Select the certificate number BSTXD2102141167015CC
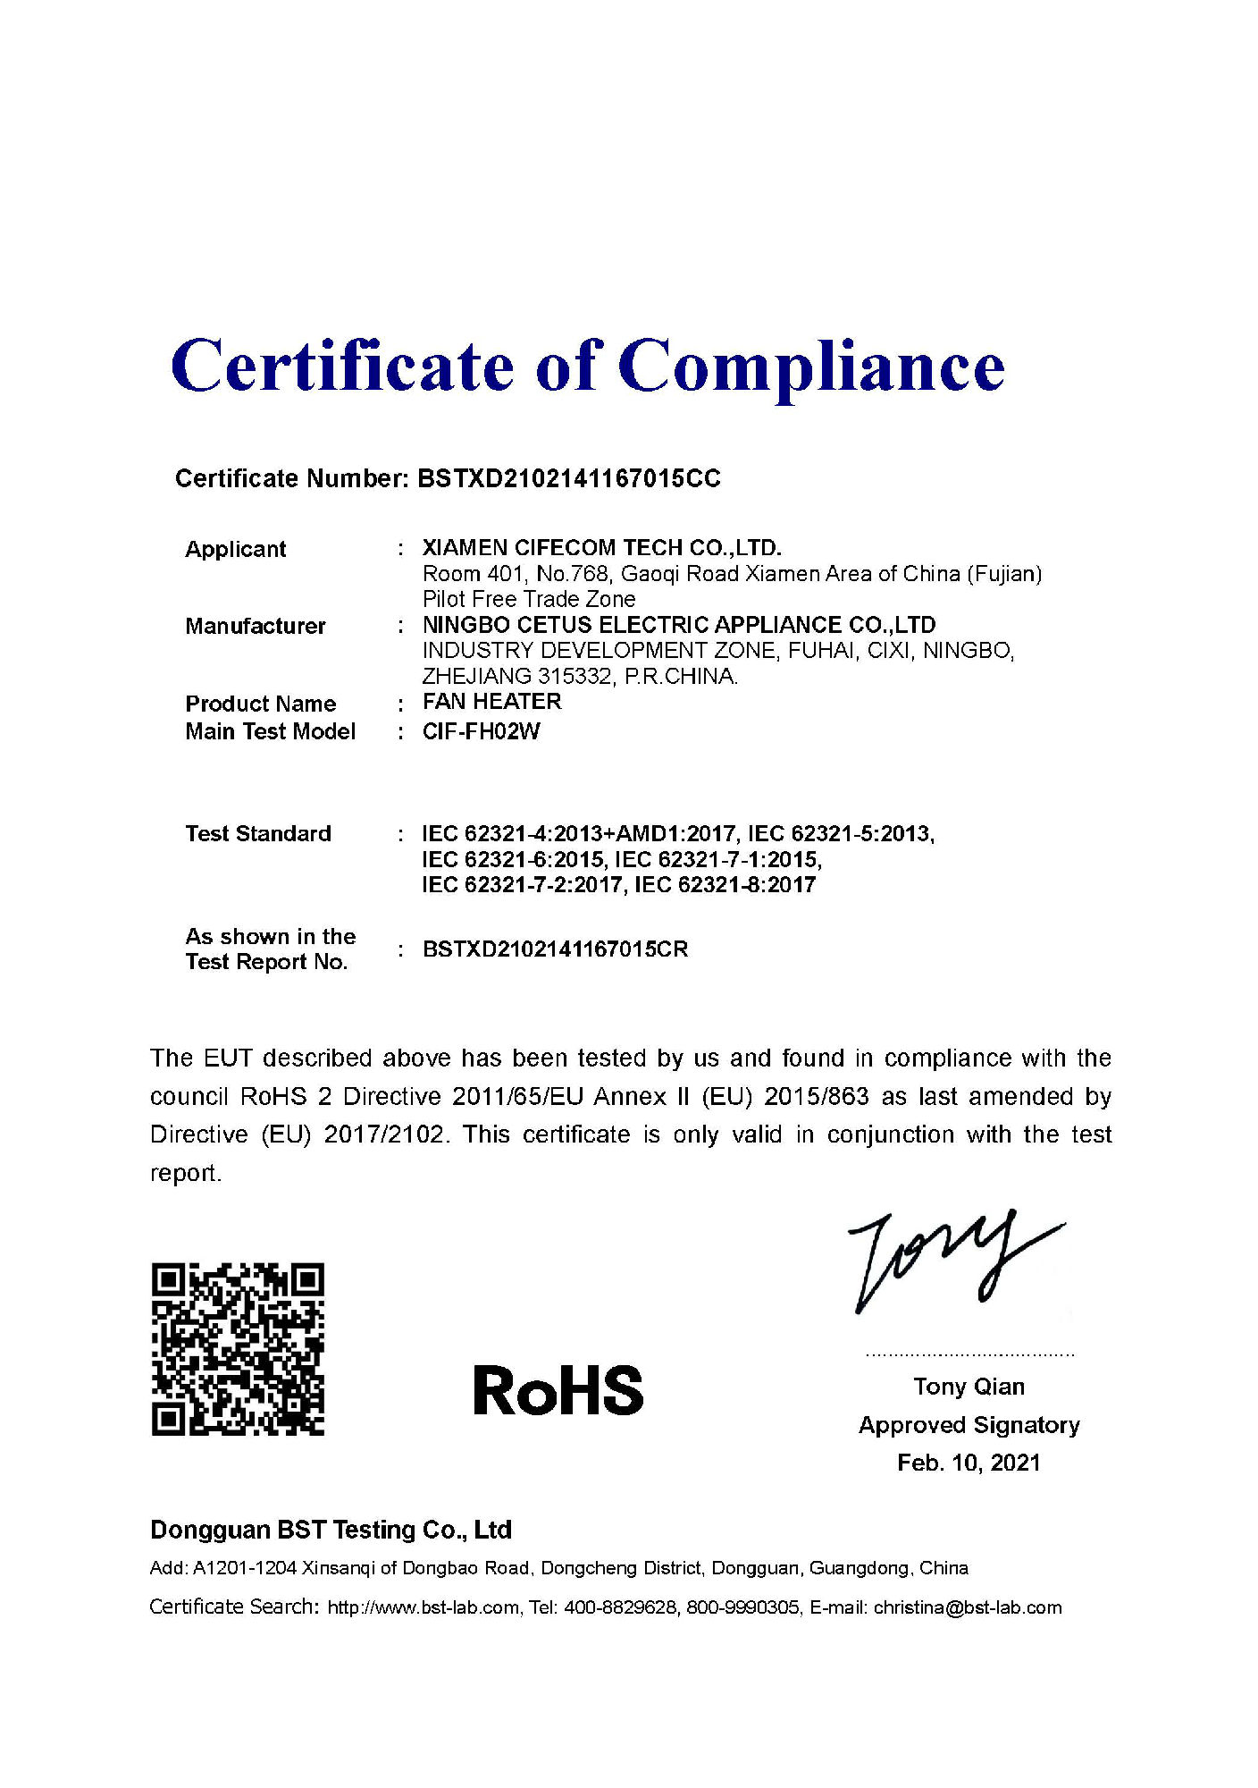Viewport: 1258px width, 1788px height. coord(569,479)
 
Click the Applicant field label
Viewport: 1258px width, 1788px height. coord(235,549)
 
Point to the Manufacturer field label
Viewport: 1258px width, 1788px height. coord(256,626)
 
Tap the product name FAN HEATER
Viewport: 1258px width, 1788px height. coord(492,702)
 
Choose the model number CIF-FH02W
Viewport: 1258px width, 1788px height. coord(482,731)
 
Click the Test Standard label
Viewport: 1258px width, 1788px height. coord(258,833)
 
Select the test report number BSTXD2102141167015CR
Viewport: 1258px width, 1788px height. coord(555,949)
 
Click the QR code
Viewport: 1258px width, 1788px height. coord(238,1349)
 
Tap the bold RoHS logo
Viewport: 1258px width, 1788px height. coord(558,1391)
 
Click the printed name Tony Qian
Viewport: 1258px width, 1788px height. coord(969,1387)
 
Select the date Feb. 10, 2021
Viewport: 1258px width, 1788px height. coord(969,1463)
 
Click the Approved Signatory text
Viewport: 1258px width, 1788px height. coord(969,1425)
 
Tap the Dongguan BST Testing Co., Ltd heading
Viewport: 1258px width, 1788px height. coord(331,1530)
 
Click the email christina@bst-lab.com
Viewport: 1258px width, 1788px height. coord(968,1607)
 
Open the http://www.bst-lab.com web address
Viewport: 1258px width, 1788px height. coord(424,1607)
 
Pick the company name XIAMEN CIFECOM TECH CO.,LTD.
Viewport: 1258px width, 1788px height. coord(601,548)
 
